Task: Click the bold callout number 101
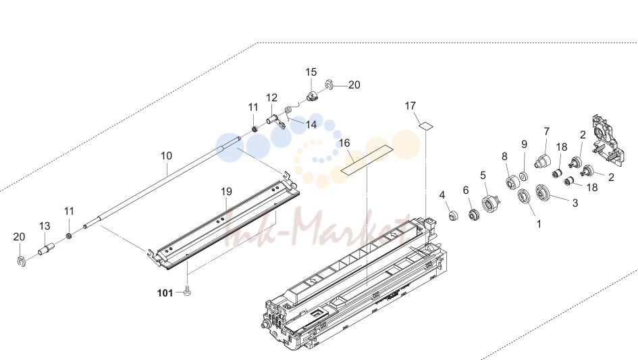165,293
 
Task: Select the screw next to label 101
188,290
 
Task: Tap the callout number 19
226,191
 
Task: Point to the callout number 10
166,155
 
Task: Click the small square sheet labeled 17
425,126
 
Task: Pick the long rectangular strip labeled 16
367,159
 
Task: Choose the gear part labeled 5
490,203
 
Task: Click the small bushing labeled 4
453,215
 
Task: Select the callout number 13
45,226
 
